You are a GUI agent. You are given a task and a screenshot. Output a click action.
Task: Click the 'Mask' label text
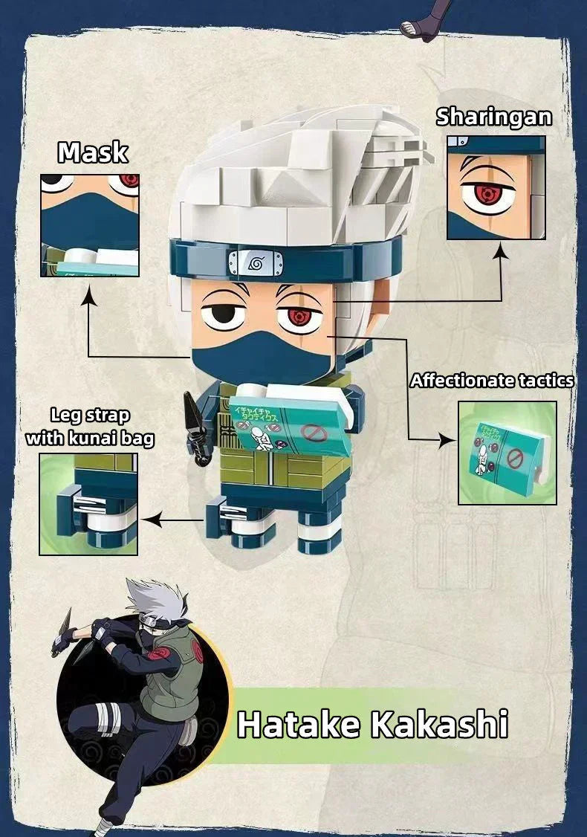[93, 152]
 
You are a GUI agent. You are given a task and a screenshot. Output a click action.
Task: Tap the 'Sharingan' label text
[493, 117]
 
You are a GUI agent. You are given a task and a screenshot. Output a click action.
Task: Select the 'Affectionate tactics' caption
[492, 381]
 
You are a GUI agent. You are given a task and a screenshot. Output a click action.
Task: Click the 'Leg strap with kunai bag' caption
[90, 427]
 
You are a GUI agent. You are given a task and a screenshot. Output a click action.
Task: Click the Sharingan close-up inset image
[496, 187]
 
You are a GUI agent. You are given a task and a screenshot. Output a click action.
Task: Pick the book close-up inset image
[507, 453]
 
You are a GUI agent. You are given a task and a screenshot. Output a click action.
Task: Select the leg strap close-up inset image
[88, 504]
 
